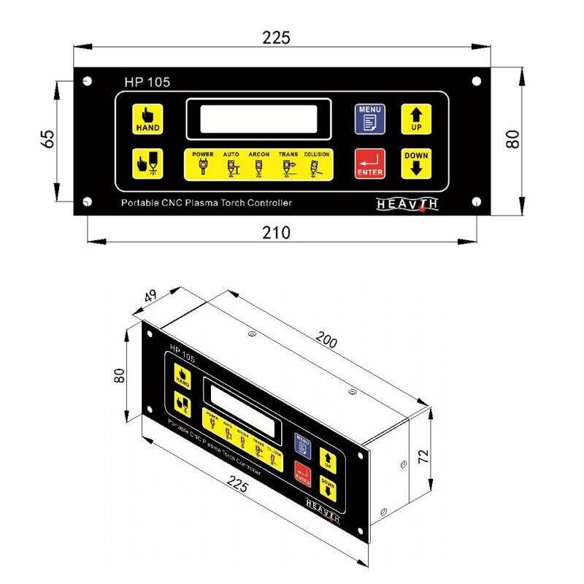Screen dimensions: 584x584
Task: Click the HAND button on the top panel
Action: [147, 118]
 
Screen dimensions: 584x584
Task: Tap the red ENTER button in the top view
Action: [369, 163]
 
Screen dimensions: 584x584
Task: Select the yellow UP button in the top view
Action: [415, 118]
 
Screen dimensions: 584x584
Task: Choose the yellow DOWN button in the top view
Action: [415, 163]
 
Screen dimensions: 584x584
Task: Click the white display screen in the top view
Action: [259, 119]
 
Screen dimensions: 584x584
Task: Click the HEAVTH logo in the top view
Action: [407, 204]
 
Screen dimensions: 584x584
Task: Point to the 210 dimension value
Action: [276, 233]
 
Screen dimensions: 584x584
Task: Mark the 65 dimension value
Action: [47, 139]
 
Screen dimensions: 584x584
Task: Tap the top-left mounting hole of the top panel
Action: [86, 80]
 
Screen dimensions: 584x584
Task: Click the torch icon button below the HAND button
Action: [147, 163]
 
